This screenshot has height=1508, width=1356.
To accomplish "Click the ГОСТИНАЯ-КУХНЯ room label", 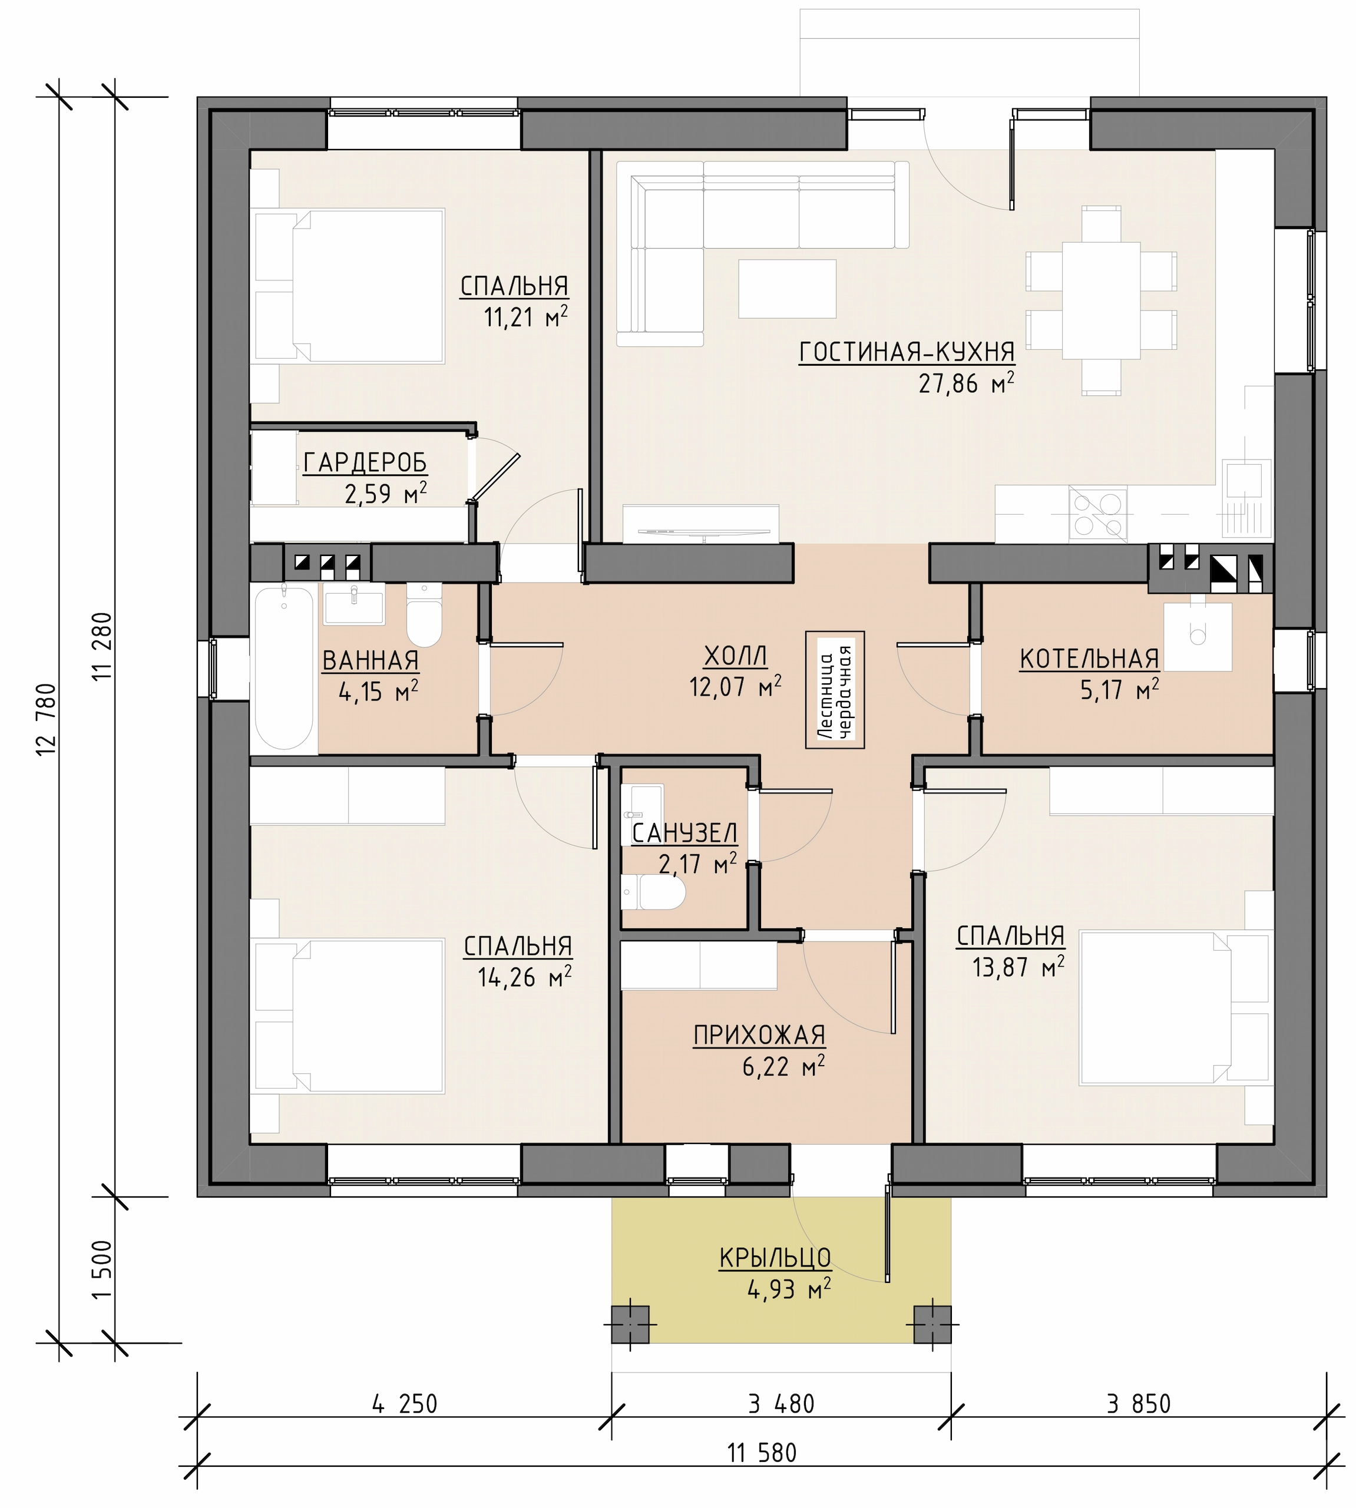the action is pyautogui.click(x=907, y=352).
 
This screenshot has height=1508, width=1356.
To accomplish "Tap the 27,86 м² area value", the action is pyautogui.click(x=966, y=383).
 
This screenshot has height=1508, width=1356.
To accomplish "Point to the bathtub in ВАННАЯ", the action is pyautogui.click(x=284, y=667).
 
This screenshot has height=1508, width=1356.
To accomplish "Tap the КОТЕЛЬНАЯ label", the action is pyautogui.click(x=1089, y=659).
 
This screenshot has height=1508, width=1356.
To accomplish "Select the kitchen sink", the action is pyautogui.click(x=1246, y=479).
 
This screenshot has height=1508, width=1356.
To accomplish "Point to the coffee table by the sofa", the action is pyautogui.click(x=788, y=288).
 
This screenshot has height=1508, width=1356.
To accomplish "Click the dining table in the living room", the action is pyautogui.click(x=1101, y=299).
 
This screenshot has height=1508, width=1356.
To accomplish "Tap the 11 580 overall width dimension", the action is pyautogui.click(x=762, y=1453).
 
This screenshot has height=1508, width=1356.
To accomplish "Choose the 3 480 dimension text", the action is pyautogui.click(x=782, y=1404).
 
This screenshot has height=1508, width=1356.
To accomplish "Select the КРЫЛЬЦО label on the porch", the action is pyautogui.click(x=775, y=1258).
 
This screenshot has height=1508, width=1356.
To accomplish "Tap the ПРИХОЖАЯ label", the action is pyautogui.click(x=759, y=1035).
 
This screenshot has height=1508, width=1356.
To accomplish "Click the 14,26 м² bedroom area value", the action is pyautogui.click(x=524, y=977).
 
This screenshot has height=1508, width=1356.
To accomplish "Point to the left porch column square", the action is pyautogui.click(x=630, y=1325).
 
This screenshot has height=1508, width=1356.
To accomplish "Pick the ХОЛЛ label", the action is pyautogui.click(x=735, y=656).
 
